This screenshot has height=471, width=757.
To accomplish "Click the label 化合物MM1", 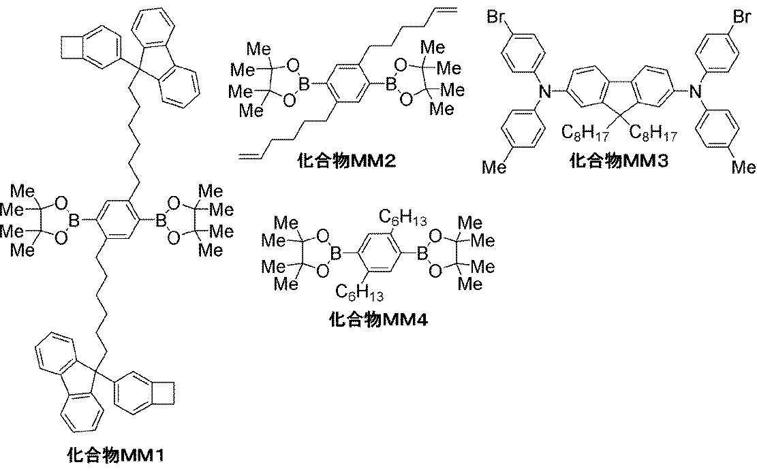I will (x=116, y=454).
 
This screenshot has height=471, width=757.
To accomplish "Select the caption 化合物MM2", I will (x=347, y=161).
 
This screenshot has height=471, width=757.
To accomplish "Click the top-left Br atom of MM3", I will (x=495, y=16).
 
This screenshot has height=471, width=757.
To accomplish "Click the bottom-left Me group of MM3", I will (x=495, y=167).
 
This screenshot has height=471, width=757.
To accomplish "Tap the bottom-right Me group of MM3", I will (x=744, y=167).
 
